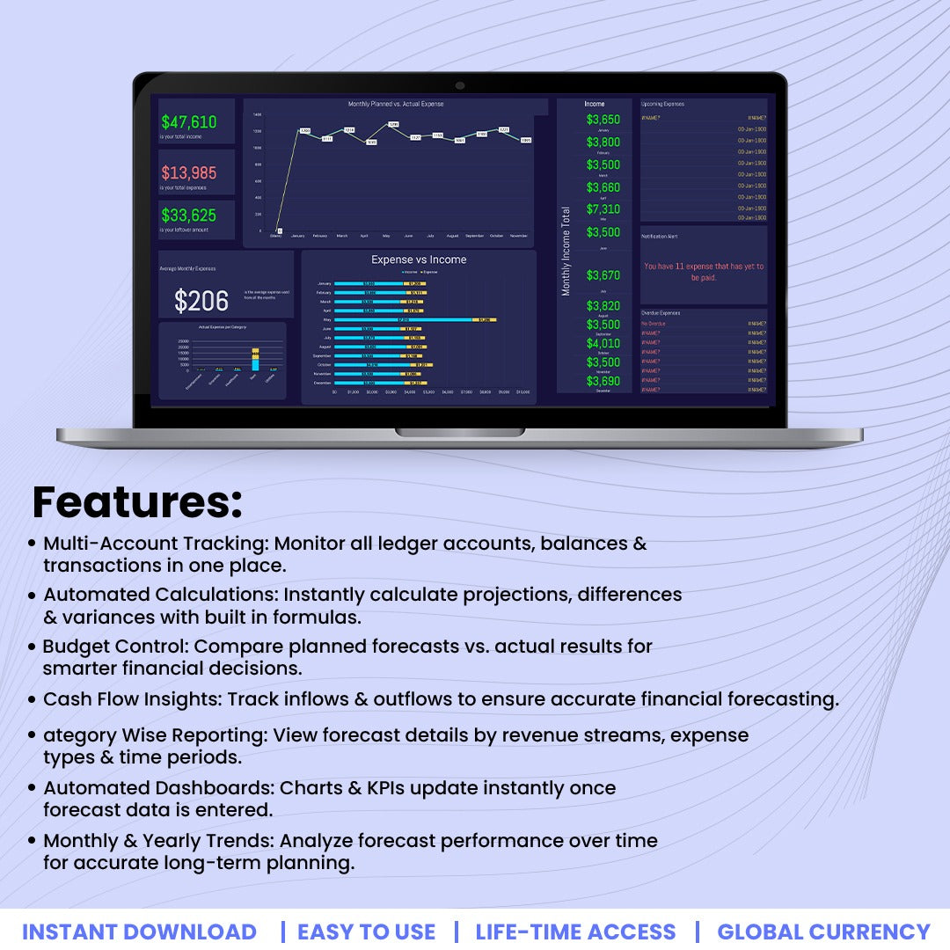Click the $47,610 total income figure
pyautogui.click(x=188, y=122)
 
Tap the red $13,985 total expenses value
pyautogui.click(x=188, y=172)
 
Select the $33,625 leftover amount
pyautogui.click(x=188, y=215)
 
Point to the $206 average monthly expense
pyautogui.click(x=201, y=302)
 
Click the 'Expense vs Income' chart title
pyautogui.click(x=419, y=259)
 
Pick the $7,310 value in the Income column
pyautogui.click(x=603, y=209)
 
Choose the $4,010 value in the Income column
pyautogui.click(x=603, y=343)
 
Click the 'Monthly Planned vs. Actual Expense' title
pyautogui.click(x=396, y=105)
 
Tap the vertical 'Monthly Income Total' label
pyautogui.click(x=566, y=251)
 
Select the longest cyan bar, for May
pyautogui.click(x=403, y=320)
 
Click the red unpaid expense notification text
pyautogui.click(x=704, y=272)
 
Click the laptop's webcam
pyautogui.click(x=460, y=85)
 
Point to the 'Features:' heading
pyautogui.click(x=137, y=502)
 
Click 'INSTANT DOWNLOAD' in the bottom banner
pyautogui.click(x=139, y=932)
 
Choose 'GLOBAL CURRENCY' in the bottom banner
pyautogui.click(x=823, y=932)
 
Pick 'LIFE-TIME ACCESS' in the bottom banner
pyautogui.click(x=575, y=932)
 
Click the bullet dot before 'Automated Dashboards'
pyautogui.click(x=33, y=788)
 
